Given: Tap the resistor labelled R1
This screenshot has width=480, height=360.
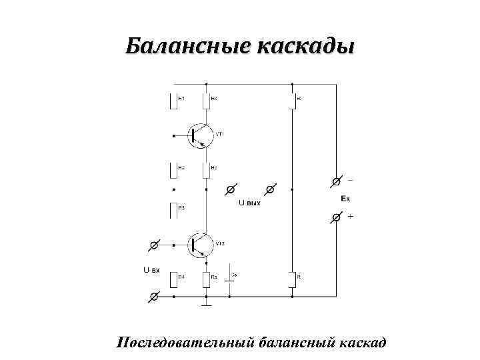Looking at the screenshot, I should (175, 100).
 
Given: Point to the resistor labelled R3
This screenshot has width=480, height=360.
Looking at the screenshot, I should (175, 210).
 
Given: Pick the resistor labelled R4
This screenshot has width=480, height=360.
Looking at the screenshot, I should (175, 279).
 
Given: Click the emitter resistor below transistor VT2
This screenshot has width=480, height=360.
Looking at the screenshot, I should (206, 279).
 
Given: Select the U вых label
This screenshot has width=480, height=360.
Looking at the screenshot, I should (249, 202).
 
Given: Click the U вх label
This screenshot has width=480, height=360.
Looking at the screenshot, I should (151, 270).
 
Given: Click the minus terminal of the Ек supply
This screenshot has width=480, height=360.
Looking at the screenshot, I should (337, 181).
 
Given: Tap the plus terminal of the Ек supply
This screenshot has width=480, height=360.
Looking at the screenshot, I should (337, 217).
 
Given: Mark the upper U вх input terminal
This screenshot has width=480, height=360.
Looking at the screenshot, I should (154, 245).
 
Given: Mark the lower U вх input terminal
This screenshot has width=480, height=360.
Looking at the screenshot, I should (154, 296).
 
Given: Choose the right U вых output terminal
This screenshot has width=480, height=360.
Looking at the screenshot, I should (270, 189).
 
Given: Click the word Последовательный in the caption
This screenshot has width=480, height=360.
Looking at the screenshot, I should (186, 343).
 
